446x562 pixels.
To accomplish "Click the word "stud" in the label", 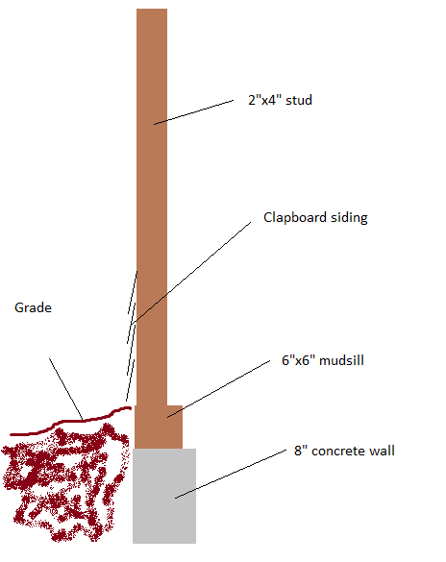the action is pos(299,100).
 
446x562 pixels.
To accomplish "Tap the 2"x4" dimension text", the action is pos(262,100).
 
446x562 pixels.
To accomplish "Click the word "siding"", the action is pos(349,218).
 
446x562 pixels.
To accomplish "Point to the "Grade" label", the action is pos(33,307).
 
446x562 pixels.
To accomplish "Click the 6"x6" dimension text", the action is pos(295,360).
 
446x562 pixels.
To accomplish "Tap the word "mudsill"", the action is pos(341,360).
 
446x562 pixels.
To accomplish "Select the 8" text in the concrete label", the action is pos(301,451).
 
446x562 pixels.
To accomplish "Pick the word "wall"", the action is pos(383,451).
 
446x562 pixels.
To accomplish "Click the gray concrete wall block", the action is pos(164,496).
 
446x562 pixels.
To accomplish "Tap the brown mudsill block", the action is pos(159,427).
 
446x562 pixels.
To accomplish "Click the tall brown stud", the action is pos(152,207).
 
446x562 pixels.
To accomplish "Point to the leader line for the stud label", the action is pos(193,112).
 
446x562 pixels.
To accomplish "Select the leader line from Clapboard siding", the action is pos(190,274).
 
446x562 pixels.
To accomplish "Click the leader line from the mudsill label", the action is pos(218,389).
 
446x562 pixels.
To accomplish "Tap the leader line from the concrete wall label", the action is pos(231,474).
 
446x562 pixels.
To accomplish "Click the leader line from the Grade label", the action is pos(66,389).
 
